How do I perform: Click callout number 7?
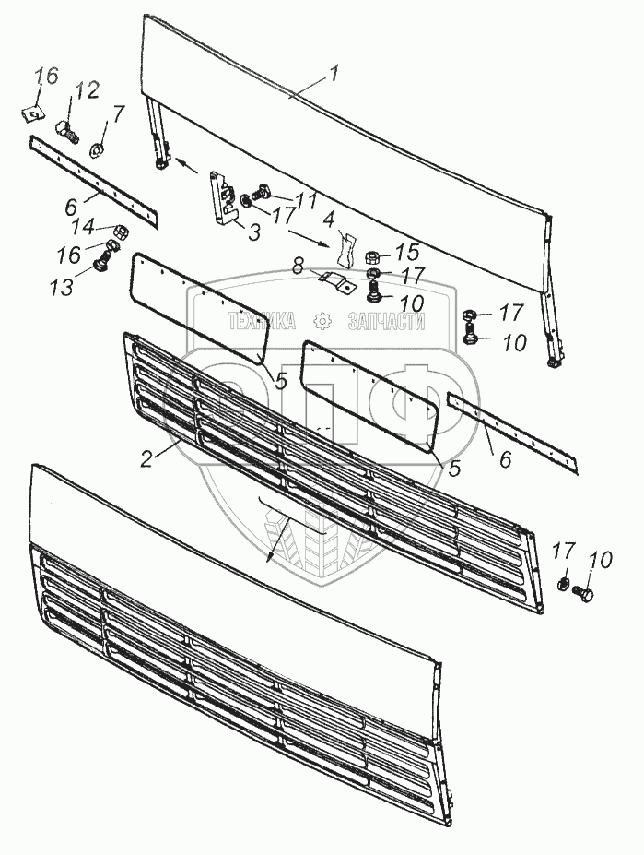coord(117,113)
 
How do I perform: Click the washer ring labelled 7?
coord(96,148)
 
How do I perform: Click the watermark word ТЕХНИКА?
coord(261,321)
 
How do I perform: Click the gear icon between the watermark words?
coord(322,321)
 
